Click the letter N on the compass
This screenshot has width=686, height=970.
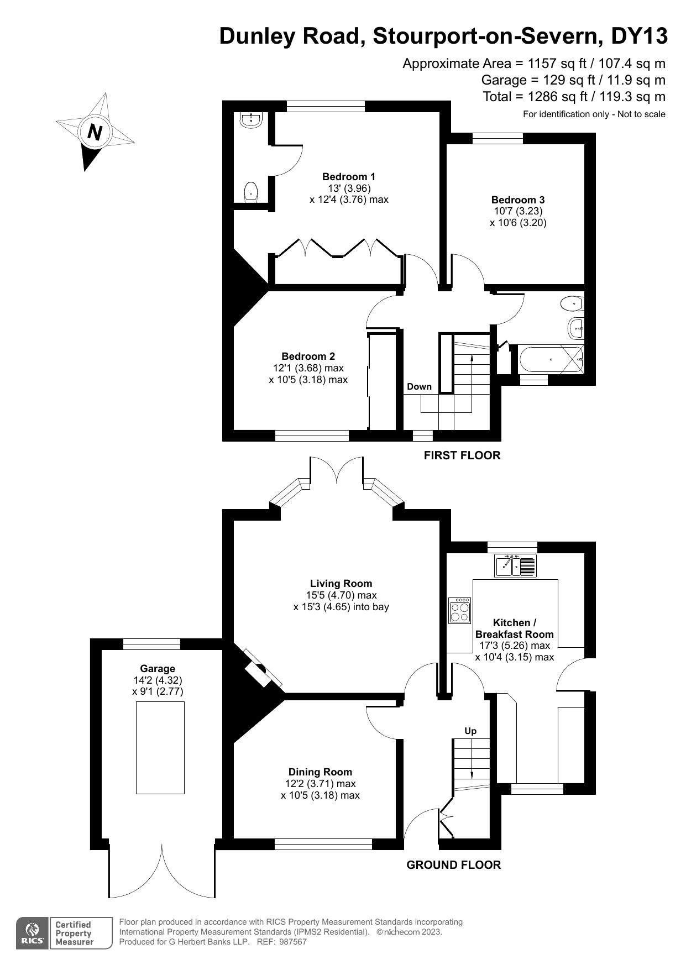tap(95, 132)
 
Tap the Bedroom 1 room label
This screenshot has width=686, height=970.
tap(349, 177)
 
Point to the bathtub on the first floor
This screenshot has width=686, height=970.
tap(551, 359)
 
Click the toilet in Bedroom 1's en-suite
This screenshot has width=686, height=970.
tap(251, 192)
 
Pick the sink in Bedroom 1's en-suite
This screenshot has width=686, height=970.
tap(252, 119)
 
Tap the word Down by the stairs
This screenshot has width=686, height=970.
tap(419, 387)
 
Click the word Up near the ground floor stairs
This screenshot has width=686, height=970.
tap(470, 731)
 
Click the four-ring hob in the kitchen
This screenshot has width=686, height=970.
tap(459, 610)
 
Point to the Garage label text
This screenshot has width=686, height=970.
tap(158, 669)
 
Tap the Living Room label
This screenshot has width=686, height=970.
tap(341, 584)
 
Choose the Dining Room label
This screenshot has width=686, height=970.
tap(320, 772)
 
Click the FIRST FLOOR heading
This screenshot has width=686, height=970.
tap(462, 455)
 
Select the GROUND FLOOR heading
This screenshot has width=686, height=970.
tap(453, 865)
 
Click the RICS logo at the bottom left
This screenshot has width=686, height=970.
tap(32, 934)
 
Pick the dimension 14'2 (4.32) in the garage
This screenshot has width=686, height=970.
tap(158, 680)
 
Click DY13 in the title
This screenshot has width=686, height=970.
tap(639, 36)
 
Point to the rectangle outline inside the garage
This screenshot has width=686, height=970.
tap(160, 748)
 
